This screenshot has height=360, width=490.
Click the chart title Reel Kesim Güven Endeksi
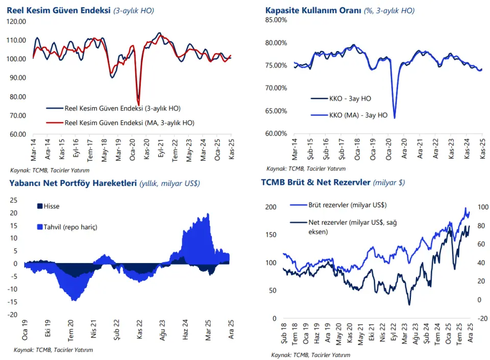(x=58, y=10)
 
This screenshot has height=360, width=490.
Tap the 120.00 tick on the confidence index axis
(x=17, y=21)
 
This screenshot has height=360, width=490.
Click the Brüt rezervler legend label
(x=347, y=205)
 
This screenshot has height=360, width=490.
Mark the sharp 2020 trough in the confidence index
(x=138, y=105)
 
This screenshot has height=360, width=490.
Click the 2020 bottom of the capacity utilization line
(x=395, y=117)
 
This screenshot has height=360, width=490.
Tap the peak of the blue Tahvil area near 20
(x=208, y=214)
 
